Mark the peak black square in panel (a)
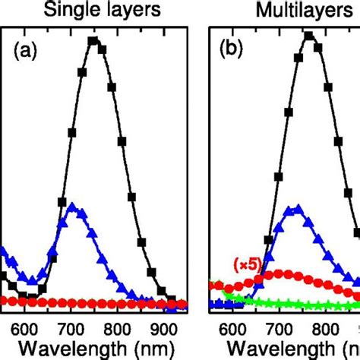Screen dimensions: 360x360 [93, 40]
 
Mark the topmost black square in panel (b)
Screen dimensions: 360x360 [309, 35]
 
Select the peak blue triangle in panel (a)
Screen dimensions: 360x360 [73, 206]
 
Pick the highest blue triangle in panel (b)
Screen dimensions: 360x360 [295, 207]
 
